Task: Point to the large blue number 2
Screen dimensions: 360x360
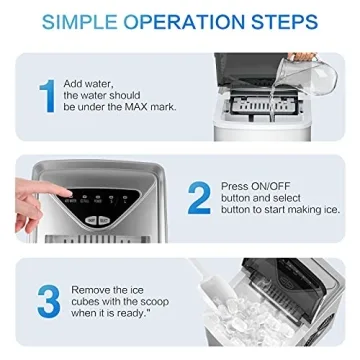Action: [199, 197]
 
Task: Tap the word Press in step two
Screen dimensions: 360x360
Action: [234, 185]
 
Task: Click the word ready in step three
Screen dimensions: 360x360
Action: [134, 314]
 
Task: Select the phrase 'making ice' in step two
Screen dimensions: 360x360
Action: [313, 209]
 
